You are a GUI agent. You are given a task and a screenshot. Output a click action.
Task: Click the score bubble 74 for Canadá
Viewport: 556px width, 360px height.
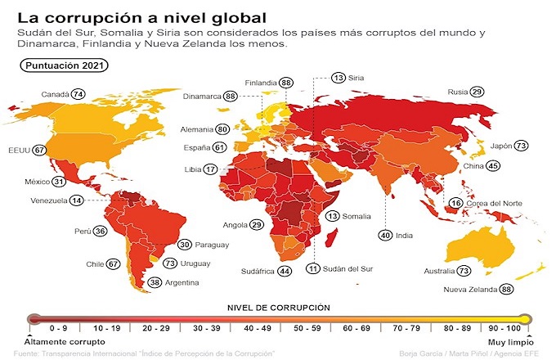78,94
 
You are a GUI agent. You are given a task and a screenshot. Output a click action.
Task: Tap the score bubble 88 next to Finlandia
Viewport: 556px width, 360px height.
286,83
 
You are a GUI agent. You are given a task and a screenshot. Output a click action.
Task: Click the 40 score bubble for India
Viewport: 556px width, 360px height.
384,235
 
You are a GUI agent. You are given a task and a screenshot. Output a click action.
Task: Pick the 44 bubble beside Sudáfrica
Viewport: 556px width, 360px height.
284,270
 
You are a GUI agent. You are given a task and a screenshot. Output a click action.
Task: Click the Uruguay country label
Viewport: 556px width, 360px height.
197,263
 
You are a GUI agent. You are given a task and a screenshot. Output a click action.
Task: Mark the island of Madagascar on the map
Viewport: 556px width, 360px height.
334,236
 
